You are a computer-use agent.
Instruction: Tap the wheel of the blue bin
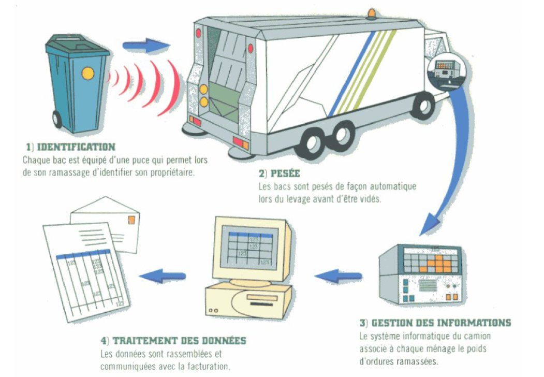point(57,121)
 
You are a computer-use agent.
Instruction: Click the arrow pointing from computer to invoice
point(163,275)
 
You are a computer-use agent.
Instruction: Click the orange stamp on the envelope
point(131,220)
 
